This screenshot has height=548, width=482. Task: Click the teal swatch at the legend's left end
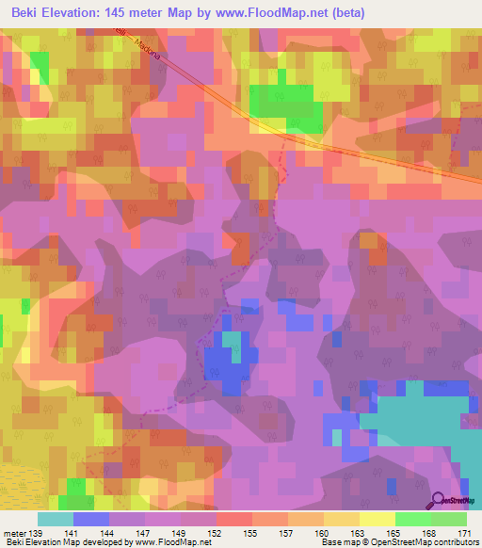56,519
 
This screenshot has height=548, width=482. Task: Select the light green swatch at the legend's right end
449,519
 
